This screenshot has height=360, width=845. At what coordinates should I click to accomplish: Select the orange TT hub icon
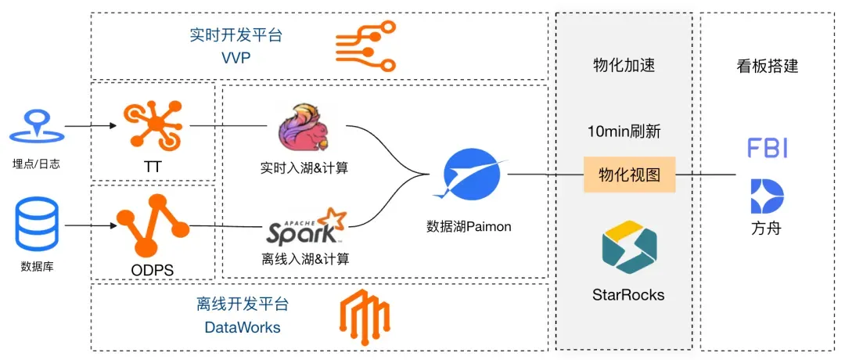(153, 124)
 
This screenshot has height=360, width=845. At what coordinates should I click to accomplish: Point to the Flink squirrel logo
(303, 130)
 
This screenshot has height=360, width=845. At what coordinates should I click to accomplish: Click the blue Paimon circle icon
(468, 174)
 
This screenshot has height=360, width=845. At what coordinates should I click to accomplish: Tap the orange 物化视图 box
(629, 175)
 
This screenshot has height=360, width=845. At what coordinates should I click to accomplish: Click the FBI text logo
(767, 148)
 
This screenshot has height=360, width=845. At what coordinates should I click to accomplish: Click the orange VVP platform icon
(362, 45)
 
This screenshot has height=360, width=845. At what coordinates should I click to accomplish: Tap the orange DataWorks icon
(364, 316)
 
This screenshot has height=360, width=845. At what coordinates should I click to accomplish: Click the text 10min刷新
(624, 131)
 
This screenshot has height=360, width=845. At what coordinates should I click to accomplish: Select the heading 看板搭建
(768, 66)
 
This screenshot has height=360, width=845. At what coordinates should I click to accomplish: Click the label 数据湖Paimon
(469, 226)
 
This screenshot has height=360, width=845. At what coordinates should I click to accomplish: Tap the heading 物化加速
(624, 66)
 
